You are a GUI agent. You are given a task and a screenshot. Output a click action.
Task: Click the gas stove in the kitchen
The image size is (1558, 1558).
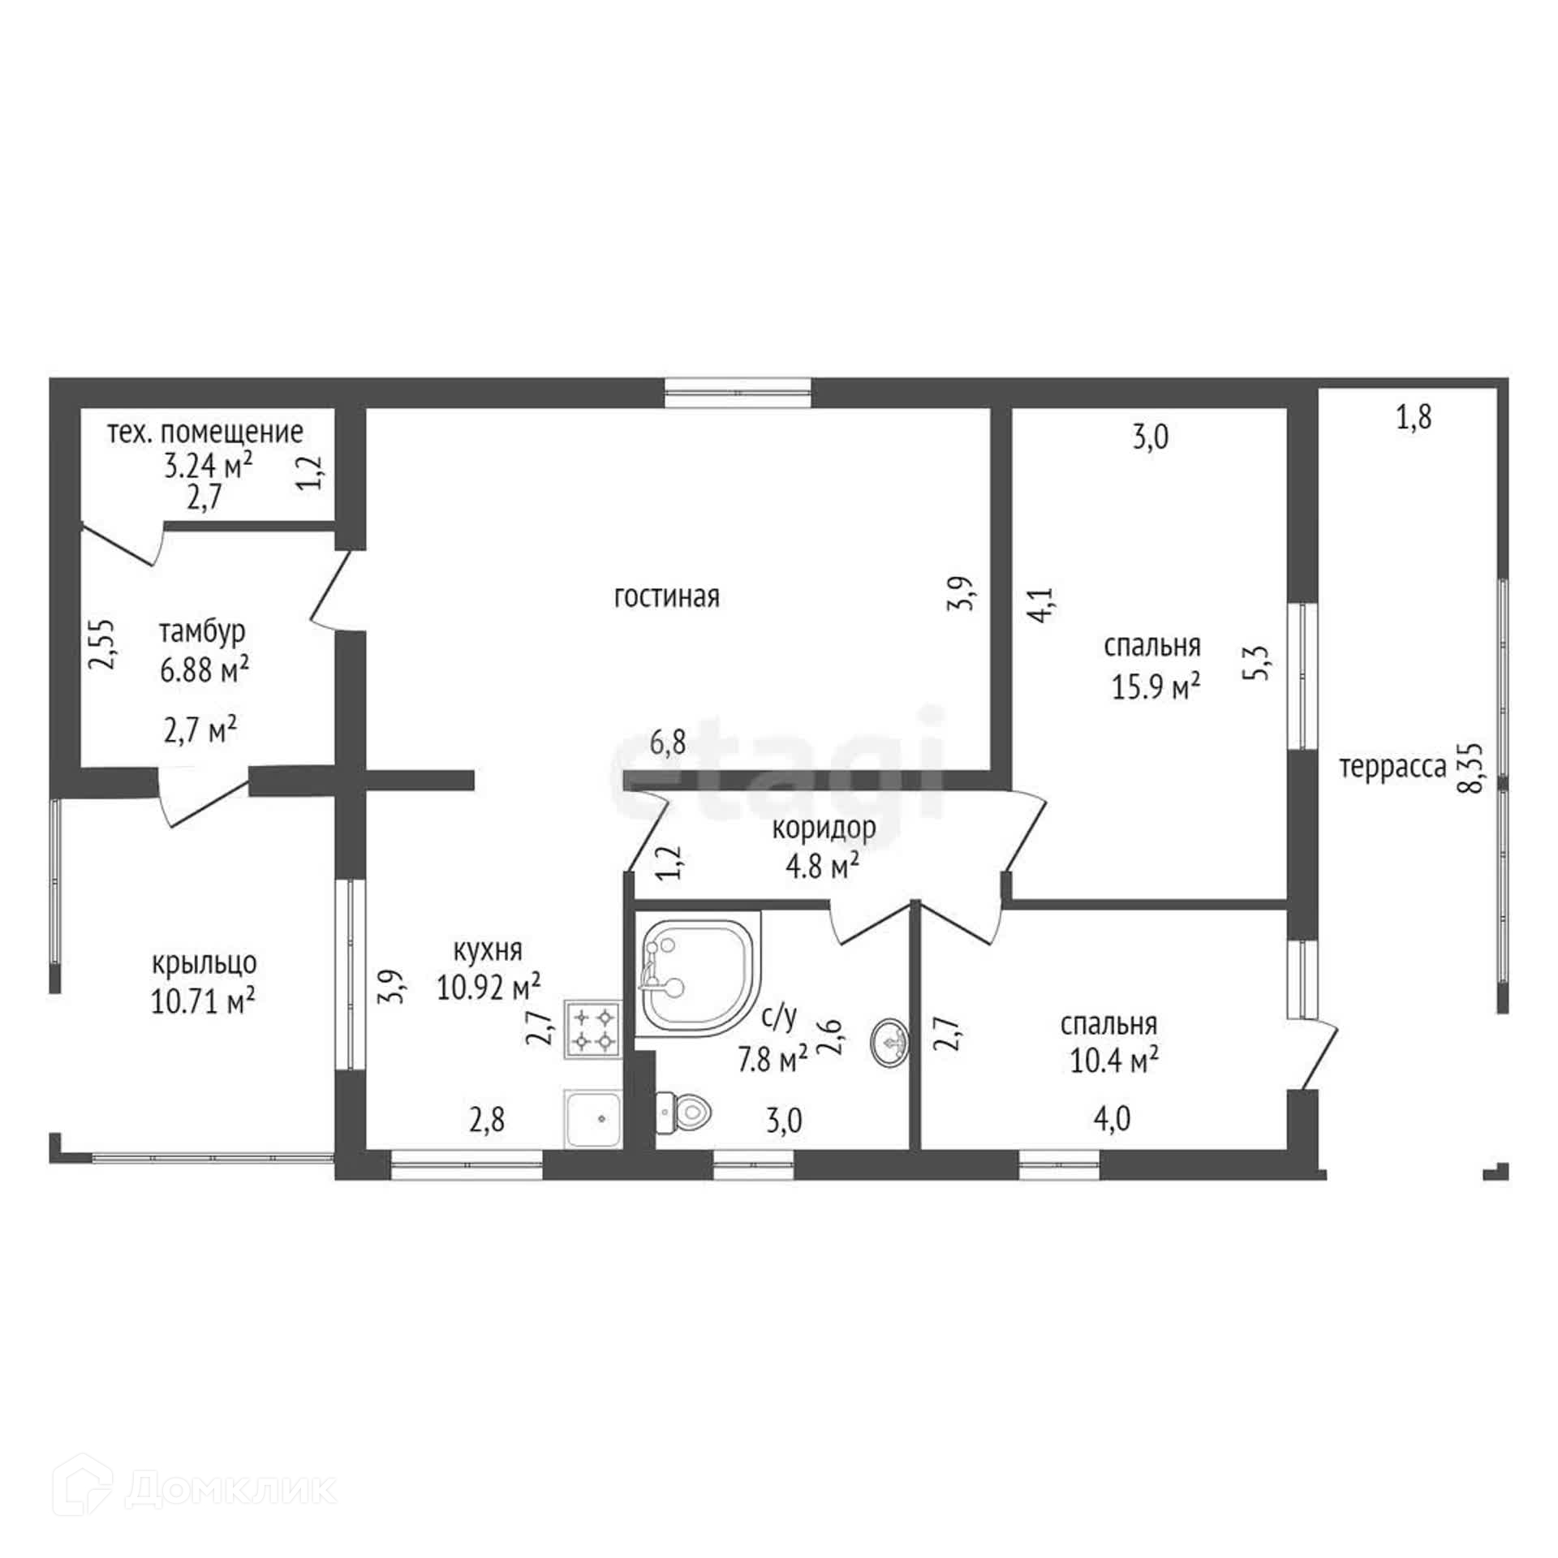pyautogui.click(x=593, y=1030)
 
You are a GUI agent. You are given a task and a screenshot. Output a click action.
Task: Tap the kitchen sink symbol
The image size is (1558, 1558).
pyautogui.click(x=593, y=1119)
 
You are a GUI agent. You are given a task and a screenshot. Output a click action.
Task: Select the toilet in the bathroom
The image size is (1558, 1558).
pyautogui.click(x=683, y=1112)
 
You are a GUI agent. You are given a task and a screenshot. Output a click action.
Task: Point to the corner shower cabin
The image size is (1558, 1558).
pyautogui.click(x=699, y=974)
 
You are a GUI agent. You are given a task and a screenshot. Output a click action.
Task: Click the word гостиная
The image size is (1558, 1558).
pyautogui.click(x=667, y=597)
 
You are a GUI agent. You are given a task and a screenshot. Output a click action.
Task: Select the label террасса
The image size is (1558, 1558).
pyautogui.click(x=1392, y=767)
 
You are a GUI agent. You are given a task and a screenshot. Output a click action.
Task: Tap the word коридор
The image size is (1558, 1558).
pyautogui.click(x=824, y=828)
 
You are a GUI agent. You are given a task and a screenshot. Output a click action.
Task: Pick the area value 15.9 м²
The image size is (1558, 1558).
pyautogui.click(x=1155, y=687)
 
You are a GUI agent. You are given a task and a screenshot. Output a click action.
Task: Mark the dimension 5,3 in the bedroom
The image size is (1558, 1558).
pyautogui.click(x=1263, y=663)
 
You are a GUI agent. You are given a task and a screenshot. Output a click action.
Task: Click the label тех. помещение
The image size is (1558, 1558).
pyautogui.click(x=205, y=432)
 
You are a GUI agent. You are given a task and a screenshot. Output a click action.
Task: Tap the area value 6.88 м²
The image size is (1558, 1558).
pyautogui.click(x=204, y=670)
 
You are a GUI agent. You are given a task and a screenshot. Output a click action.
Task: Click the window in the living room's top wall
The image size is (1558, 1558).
pyautogui.click(x=738, y=393)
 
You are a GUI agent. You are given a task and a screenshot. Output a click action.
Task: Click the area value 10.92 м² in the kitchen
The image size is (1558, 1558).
pyautogui.click(x=488, y=988)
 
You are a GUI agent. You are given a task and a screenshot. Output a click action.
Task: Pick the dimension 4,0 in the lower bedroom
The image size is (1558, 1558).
pyautogui.click(x=1112, y=1121)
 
